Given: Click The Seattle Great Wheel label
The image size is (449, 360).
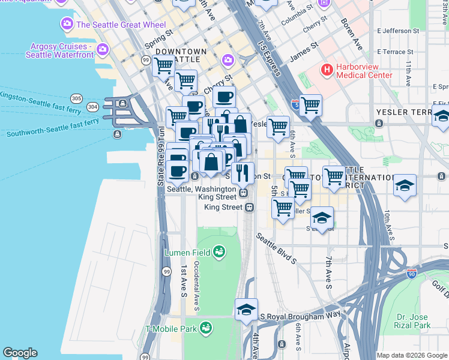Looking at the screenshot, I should pos(112,25).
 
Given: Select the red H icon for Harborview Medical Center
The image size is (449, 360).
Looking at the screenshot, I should pos(327,70).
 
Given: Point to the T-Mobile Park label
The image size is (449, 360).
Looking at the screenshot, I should pos(170,329).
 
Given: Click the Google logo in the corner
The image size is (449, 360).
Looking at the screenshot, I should pos(20,353).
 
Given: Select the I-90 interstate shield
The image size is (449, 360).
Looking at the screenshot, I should pos(412,274).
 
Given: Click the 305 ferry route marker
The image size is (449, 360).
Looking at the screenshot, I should pos(76,98).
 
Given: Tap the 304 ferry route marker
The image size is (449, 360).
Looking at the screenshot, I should pos(92,107).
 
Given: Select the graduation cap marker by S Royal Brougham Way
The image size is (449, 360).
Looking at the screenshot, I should pos(246,309).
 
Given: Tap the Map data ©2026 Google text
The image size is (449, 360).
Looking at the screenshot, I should pos(412,355).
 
